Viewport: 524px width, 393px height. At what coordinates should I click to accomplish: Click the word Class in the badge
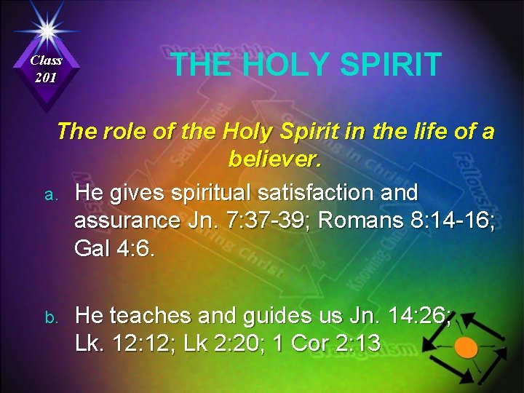pos(47,60)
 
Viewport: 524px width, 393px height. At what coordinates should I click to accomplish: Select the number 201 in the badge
pos(47,76)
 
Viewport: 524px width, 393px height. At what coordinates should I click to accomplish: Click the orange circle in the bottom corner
pos(467,347)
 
